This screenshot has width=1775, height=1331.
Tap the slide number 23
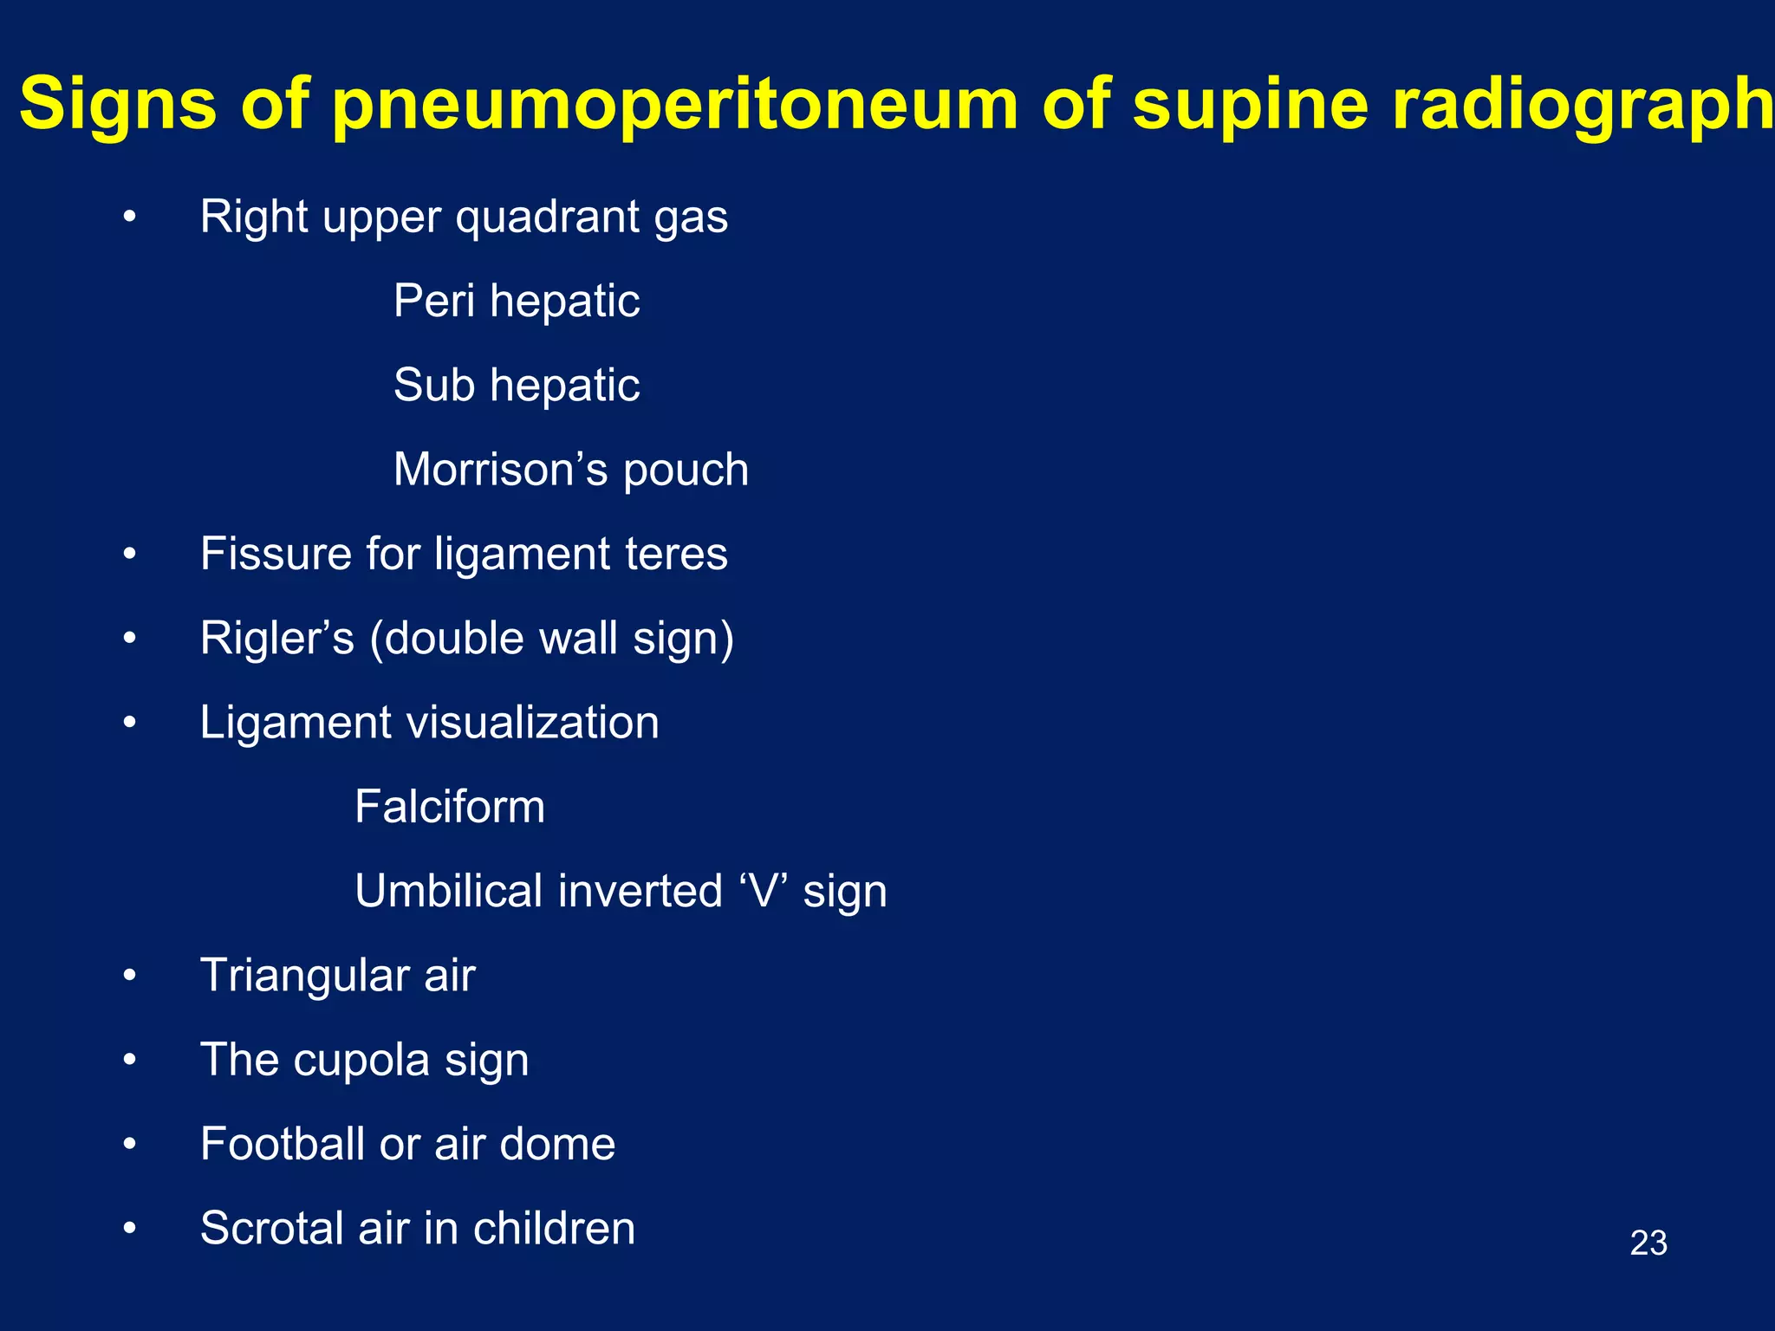click(1648, 1243)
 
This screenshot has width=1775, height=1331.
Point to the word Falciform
click(450, 807)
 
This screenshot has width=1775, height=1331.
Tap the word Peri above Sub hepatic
click(434, 301)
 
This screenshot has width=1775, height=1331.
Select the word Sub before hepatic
click(434, 385)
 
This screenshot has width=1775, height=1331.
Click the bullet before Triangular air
click(130, 976)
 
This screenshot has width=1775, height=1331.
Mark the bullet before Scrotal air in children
click(130, 1229)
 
